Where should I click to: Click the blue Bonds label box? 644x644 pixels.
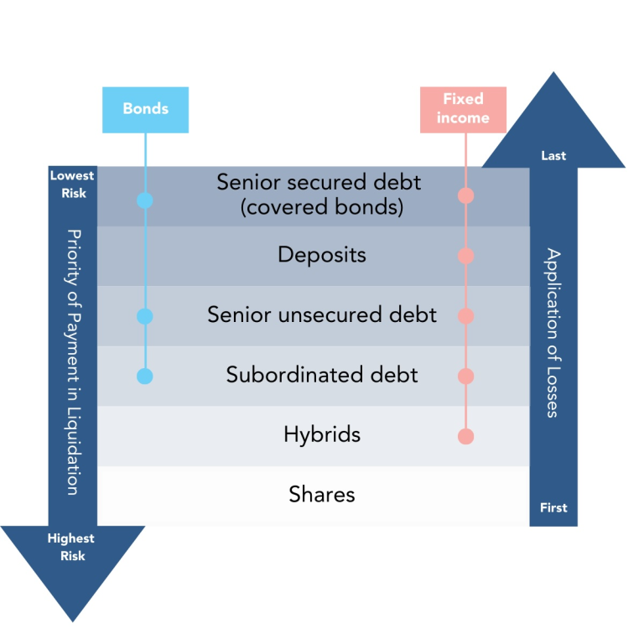(145, 109)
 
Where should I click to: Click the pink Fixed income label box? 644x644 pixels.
(463, 109)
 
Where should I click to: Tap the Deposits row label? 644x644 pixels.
(322, 254)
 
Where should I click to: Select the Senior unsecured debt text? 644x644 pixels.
(322, 314)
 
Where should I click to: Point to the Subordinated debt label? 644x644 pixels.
(322, 375)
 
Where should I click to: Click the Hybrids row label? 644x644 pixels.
(322, 434)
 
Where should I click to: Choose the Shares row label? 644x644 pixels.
(322, 495)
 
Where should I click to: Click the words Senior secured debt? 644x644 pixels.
(319, 182)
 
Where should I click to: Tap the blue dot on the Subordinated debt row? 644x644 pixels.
(145, 376)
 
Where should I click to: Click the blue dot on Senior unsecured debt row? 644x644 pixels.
(145, 316)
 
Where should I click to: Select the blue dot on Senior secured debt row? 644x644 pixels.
(145, 200)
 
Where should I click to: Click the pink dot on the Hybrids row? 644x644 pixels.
(466, 436)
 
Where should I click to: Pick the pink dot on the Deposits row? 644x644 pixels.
(466, 256)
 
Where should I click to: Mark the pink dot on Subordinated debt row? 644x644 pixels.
(466, 376)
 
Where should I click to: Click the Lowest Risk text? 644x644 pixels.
(72, 184)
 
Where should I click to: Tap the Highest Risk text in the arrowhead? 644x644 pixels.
(71, 547)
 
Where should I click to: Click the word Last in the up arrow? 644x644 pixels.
(553, 156)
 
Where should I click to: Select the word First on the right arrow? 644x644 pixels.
(553, 507)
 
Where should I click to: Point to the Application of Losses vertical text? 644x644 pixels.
(553, 332)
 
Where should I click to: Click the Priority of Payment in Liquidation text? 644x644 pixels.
(73, 361)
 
